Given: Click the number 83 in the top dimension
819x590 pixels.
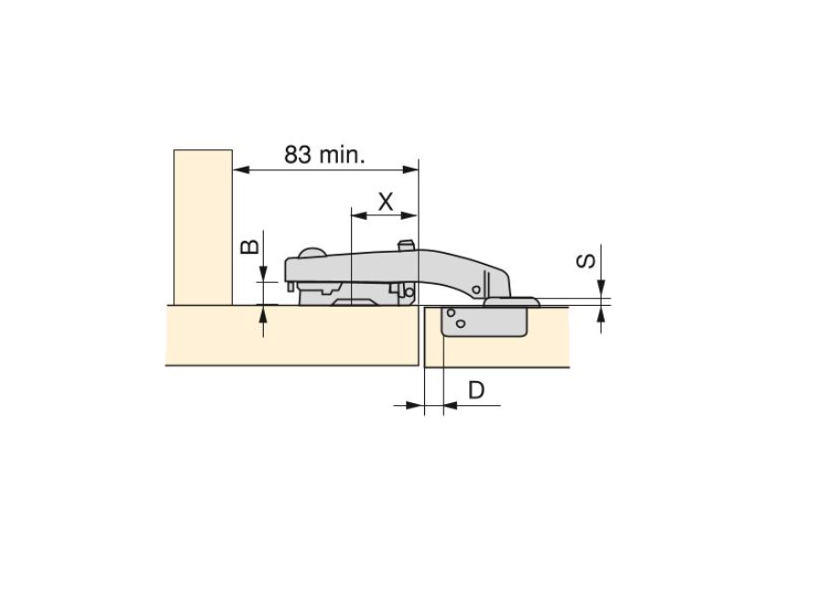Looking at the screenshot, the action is pos(298,155).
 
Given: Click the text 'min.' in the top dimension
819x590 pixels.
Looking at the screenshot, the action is pos(342,155).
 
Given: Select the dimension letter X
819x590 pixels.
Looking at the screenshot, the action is pos(386,201).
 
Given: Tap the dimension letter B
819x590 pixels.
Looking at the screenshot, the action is pos(250,246).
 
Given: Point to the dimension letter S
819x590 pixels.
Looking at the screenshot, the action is pos(586,260).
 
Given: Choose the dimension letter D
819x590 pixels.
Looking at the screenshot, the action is pos(476,390).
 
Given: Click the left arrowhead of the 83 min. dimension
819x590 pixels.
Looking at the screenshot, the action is pos(241,169).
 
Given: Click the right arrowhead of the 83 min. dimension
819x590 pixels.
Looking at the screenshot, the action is pos(410,169).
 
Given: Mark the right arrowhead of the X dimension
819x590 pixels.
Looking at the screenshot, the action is pos(409,214).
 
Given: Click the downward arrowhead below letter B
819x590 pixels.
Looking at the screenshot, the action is pos(263,273).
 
